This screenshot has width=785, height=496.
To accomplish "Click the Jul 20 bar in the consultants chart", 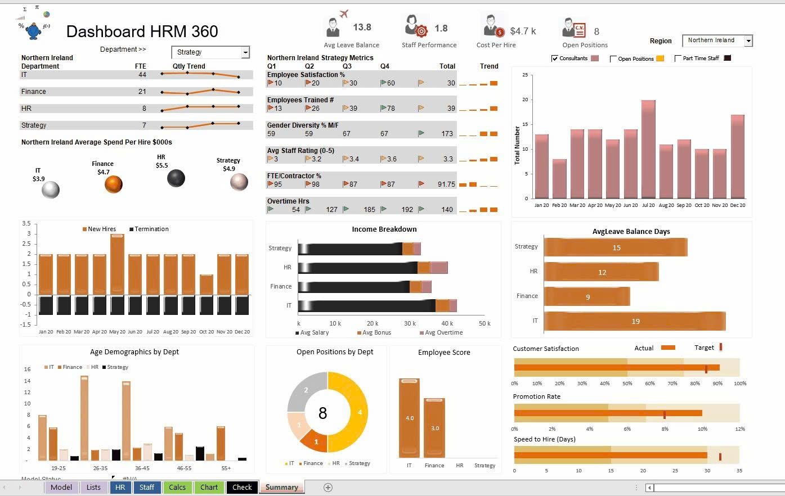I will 648,149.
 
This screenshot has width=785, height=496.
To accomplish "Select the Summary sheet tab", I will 281,488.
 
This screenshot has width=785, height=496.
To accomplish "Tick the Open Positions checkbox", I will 613,58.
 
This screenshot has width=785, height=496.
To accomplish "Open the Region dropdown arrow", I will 748,40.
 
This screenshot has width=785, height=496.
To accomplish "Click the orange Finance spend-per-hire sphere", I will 113,184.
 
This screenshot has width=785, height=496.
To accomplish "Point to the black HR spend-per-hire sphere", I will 176,178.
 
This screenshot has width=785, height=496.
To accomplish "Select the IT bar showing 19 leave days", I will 635,321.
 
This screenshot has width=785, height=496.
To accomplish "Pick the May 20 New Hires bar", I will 117,263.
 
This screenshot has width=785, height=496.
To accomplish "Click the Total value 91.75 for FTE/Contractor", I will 446,184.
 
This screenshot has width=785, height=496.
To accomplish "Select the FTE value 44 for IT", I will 142,75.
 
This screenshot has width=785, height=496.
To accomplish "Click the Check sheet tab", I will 242,488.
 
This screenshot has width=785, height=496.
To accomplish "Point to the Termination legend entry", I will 151,229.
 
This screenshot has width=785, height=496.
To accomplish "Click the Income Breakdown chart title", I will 384,229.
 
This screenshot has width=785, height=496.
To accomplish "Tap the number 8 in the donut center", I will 322,413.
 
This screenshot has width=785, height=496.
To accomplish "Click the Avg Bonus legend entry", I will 376,332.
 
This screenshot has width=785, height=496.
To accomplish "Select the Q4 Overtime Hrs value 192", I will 407,210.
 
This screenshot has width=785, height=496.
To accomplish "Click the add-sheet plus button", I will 328,488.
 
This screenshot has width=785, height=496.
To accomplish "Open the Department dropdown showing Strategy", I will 245,52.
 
